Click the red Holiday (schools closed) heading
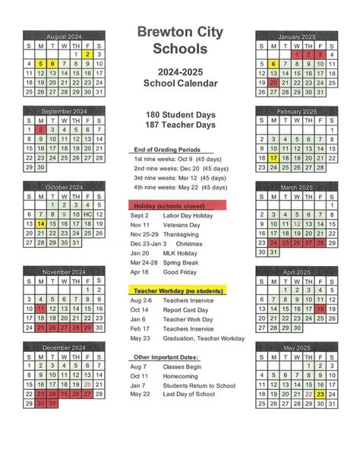click(168, 206)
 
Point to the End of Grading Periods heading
click(166, 149)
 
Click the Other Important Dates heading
click(165, 357)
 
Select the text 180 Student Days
click(180, 114)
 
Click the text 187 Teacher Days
click(180, 125)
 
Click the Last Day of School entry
click(193, 395)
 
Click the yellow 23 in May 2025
click(321, 395)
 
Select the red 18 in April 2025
click(321, 309)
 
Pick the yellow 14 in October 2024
click(41, 223)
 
